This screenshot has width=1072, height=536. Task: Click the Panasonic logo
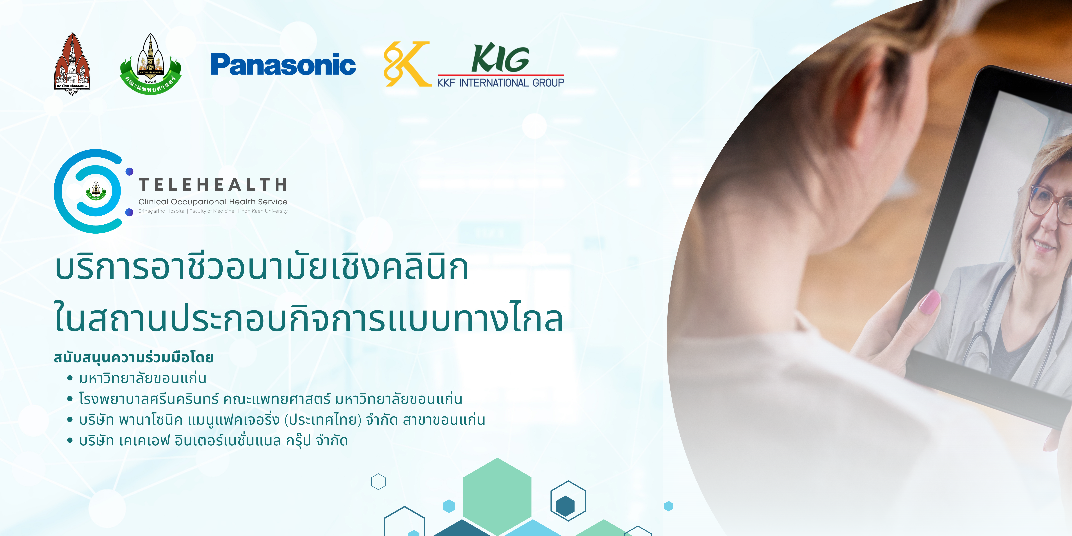point(283,65)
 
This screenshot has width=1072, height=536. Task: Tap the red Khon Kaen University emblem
point(72,64)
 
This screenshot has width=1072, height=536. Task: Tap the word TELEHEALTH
point(213,184)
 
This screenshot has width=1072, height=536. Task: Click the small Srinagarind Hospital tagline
point(213,211)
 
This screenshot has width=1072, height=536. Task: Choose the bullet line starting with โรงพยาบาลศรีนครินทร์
point(270,399)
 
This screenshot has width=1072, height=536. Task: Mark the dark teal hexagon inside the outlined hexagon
point(565,506)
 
